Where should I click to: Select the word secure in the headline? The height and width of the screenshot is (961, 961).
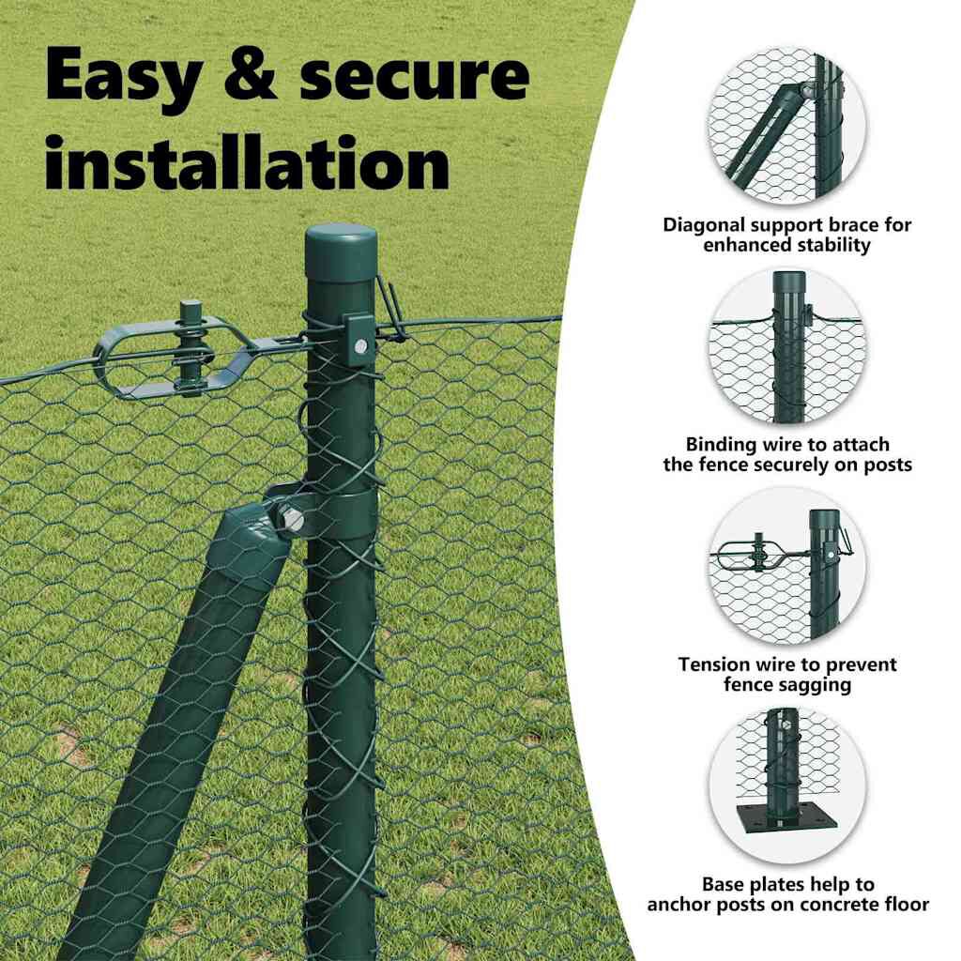(414, 75)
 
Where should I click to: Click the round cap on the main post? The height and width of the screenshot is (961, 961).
(340, 252)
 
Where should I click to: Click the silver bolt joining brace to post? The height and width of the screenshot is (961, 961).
(293, 521)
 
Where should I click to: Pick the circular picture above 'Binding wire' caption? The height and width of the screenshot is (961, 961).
(787, 346)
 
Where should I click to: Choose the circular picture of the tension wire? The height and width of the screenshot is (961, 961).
(787, 566)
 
